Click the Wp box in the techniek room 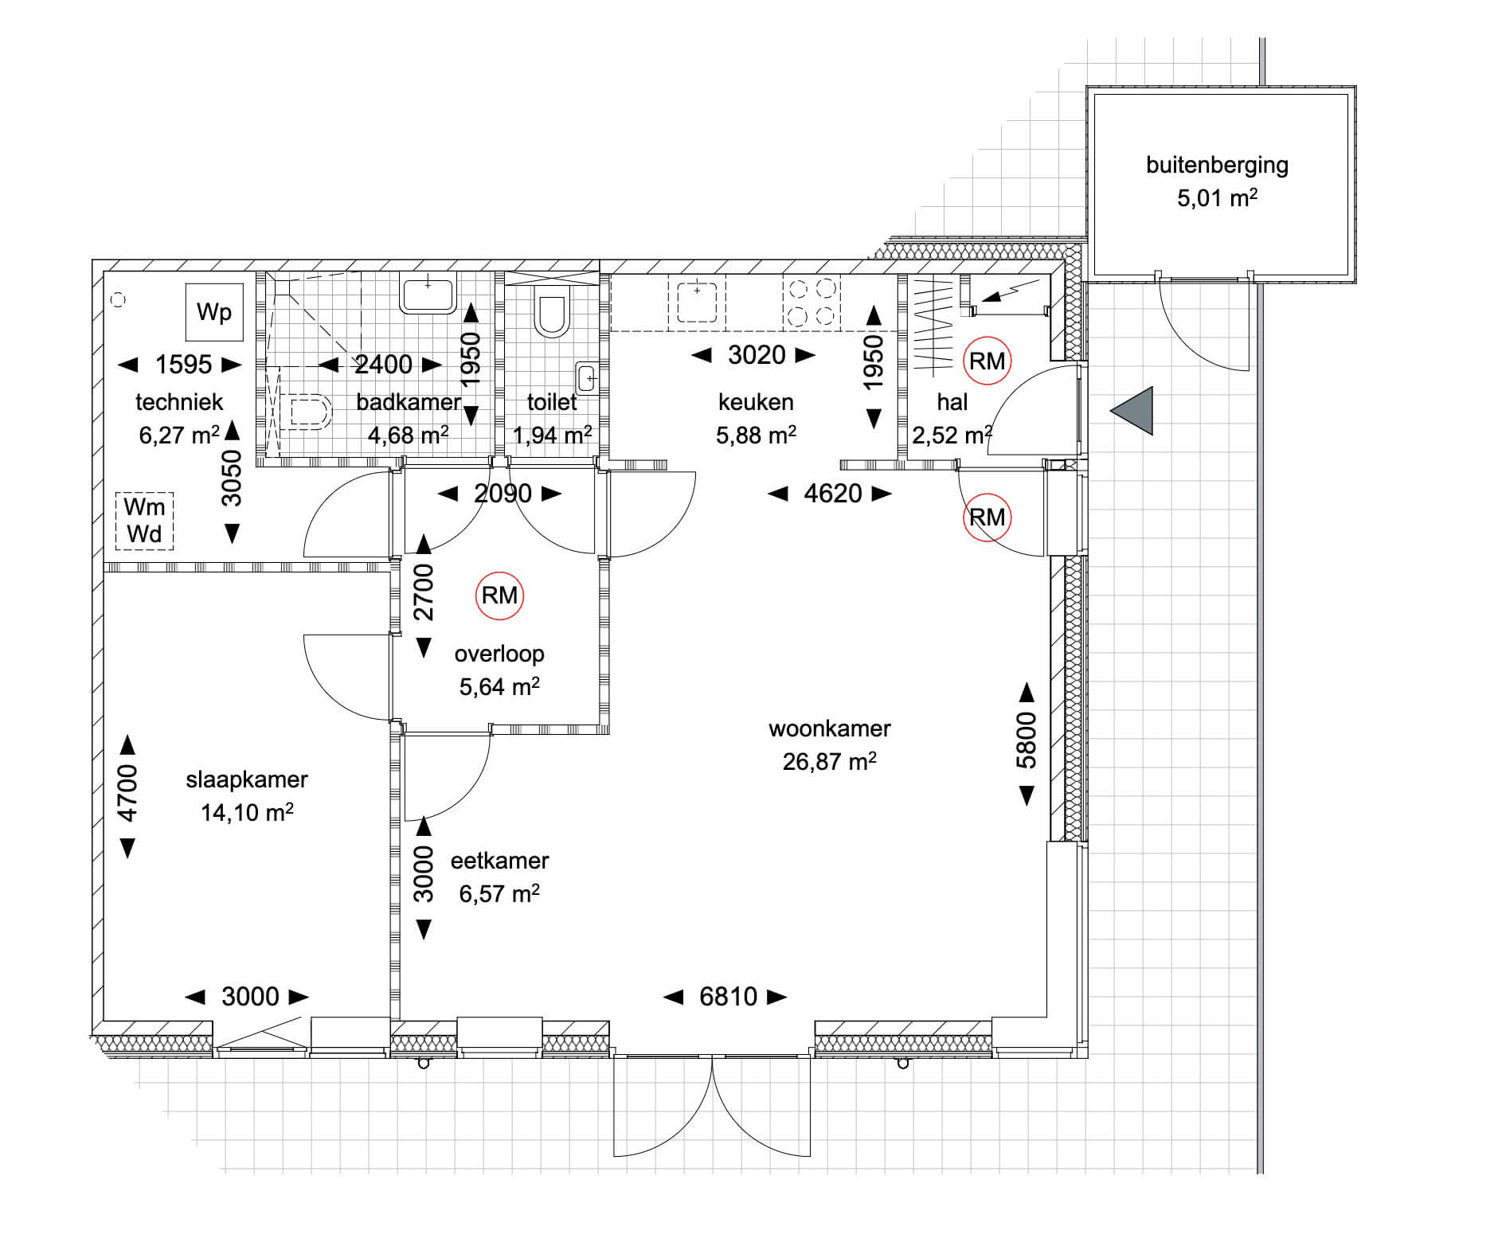[214, 311]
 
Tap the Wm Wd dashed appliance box [144, 521]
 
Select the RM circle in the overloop [499, 596]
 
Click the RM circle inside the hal [987, 361]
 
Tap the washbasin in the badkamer [428, 295]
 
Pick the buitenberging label [1217, 166]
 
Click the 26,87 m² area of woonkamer [830, 761]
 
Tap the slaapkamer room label [247, 779]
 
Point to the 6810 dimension [728, 997]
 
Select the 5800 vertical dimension [1027, 740]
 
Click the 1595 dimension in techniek [183, 365]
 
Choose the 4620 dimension [833, 494]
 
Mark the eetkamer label [499, 861]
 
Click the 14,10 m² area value [247, 812]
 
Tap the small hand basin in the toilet [586, 377]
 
